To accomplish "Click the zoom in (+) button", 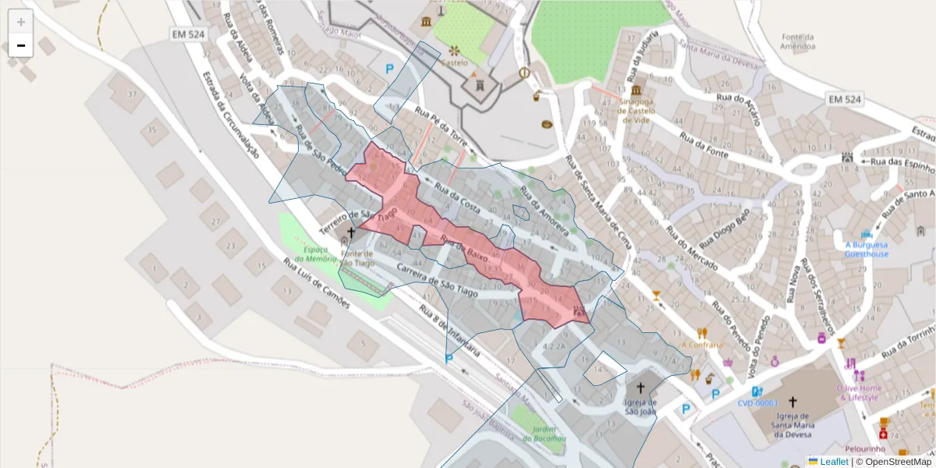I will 20,22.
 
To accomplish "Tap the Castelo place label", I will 454,62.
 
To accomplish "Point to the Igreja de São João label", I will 640,407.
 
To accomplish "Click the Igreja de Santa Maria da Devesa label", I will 792,424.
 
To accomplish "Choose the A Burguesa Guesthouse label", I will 866,249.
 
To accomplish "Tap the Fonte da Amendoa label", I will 798,42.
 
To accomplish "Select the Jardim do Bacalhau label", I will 537,434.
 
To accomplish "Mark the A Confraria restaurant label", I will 702,344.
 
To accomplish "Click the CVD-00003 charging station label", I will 759,403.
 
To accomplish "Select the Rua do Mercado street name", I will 690,248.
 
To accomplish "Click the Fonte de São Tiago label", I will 356,258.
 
